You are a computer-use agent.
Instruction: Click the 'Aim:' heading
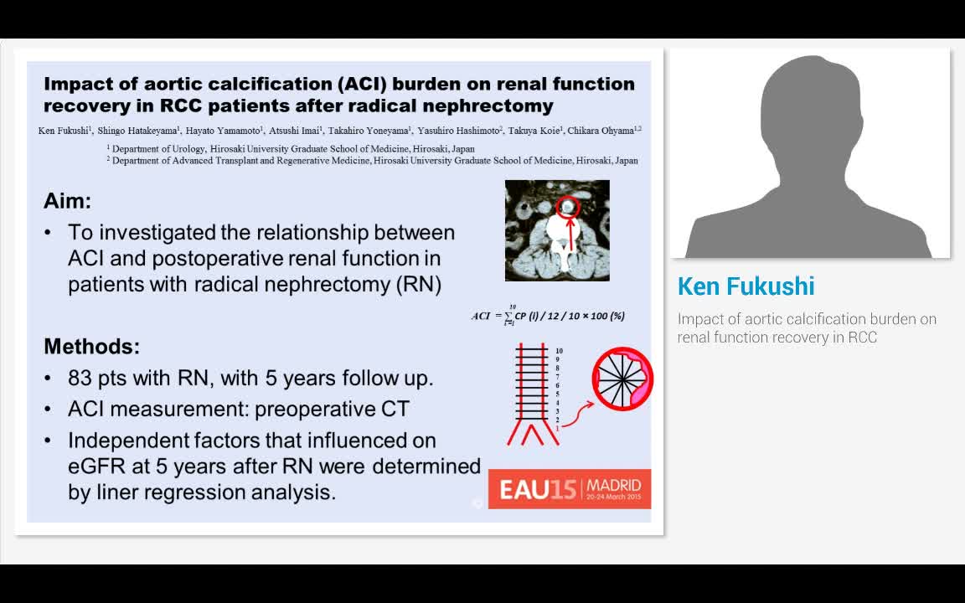(x=67, y=202)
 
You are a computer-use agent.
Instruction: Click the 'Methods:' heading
(x=92, y=347)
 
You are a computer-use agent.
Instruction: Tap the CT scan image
(x=557, y=230)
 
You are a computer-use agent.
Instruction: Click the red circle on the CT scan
(x=569, y=206)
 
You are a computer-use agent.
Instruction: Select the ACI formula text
(x=549, y=316)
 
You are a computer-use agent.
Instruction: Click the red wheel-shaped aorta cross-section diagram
(x=622, y=379)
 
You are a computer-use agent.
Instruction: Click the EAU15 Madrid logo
(x=569, y=488)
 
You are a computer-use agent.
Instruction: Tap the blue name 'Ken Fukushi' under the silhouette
(x=746, y=286)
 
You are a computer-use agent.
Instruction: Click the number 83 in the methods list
(x=81, y=379)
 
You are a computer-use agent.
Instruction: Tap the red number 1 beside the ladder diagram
(x=558, y=428)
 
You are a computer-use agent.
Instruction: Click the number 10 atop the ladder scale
(x=559, y=351)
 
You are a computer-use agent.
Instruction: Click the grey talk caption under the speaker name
(x=807, y=328)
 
